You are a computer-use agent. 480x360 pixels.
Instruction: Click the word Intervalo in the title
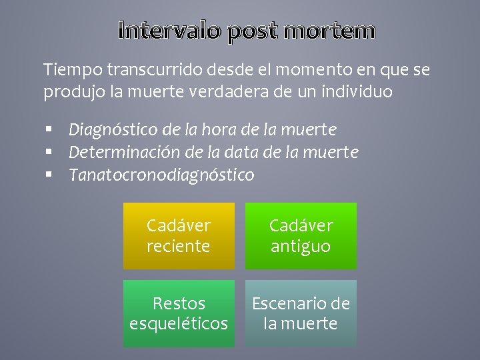click(x=171, y=31)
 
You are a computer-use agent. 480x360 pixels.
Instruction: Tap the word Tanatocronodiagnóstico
click(x=161, y=175)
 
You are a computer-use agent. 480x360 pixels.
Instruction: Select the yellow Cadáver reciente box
click(x=179, y=236)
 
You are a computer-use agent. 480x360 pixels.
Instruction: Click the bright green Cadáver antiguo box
click(x=301, y=236)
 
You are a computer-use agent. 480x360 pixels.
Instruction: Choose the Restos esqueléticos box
click(x=179, y=313)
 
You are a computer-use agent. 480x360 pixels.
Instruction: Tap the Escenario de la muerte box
click(x=301, y=313)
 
